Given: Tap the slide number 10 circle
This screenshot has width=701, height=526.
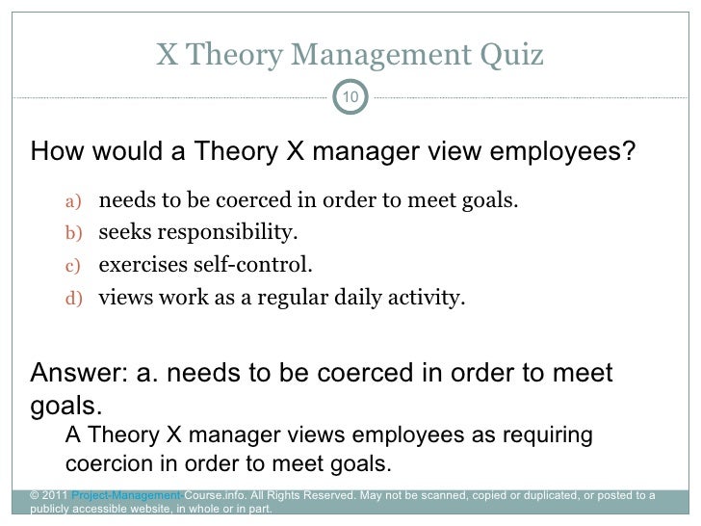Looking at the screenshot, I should tap(351, 97).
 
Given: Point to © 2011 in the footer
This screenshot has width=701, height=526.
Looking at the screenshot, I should tap(50, 496).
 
